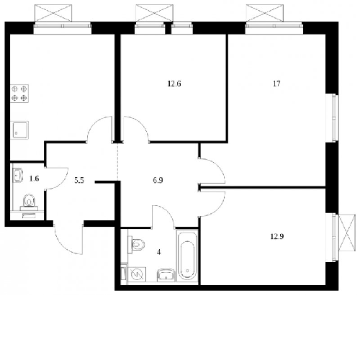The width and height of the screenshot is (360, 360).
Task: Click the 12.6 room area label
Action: [x=174, y=84]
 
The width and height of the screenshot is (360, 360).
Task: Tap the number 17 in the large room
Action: [x=276, y=84]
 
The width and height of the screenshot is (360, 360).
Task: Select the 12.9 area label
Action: [x=277, y=237]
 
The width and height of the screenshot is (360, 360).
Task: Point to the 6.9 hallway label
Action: [x=158, y=180]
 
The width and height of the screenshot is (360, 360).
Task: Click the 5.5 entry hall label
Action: [x=79, y=181]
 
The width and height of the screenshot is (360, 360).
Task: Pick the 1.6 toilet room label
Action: [x=34, y=179]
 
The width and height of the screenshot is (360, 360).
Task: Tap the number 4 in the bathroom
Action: [x=159, y=252]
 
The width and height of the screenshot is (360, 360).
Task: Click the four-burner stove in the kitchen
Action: [x=19, y=94]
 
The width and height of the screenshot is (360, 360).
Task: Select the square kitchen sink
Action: [x=20, y=130]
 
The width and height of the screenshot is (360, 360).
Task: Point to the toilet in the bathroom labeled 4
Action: [x=137, y=245]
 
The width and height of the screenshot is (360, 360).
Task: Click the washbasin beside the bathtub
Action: [x=166, y=275]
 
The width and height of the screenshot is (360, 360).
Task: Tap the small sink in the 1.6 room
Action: [x=17, y=175]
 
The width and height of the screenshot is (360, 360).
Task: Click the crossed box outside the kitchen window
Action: [x=53, y=13]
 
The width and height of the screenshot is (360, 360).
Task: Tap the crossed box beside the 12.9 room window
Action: [x=347, y=233]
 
